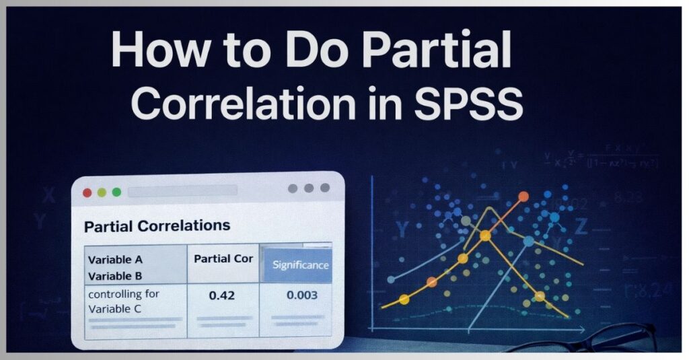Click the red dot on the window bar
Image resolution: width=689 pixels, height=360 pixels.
[87, 192]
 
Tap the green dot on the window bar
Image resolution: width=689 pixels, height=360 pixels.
[116, 192]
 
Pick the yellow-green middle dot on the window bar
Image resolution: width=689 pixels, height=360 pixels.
[102, 192]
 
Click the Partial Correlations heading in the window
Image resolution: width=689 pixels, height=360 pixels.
[157, 226]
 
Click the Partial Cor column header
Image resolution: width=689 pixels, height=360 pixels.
[223, 258]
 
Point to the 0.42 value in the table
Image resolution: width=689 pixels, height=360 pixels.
[222, 295]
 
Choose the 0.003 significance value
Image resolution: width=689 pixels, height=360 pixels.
[301, 295]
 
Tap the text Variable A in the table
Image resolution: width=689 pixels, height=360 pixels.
[115, 259]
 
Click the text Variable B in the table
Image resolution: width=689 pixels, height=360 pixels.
[115, 275]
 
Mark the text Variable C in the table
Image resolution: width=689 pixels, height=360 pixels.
[116, 309]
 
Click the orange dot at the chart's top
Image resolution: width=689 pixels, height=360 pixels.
[523, 197]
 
